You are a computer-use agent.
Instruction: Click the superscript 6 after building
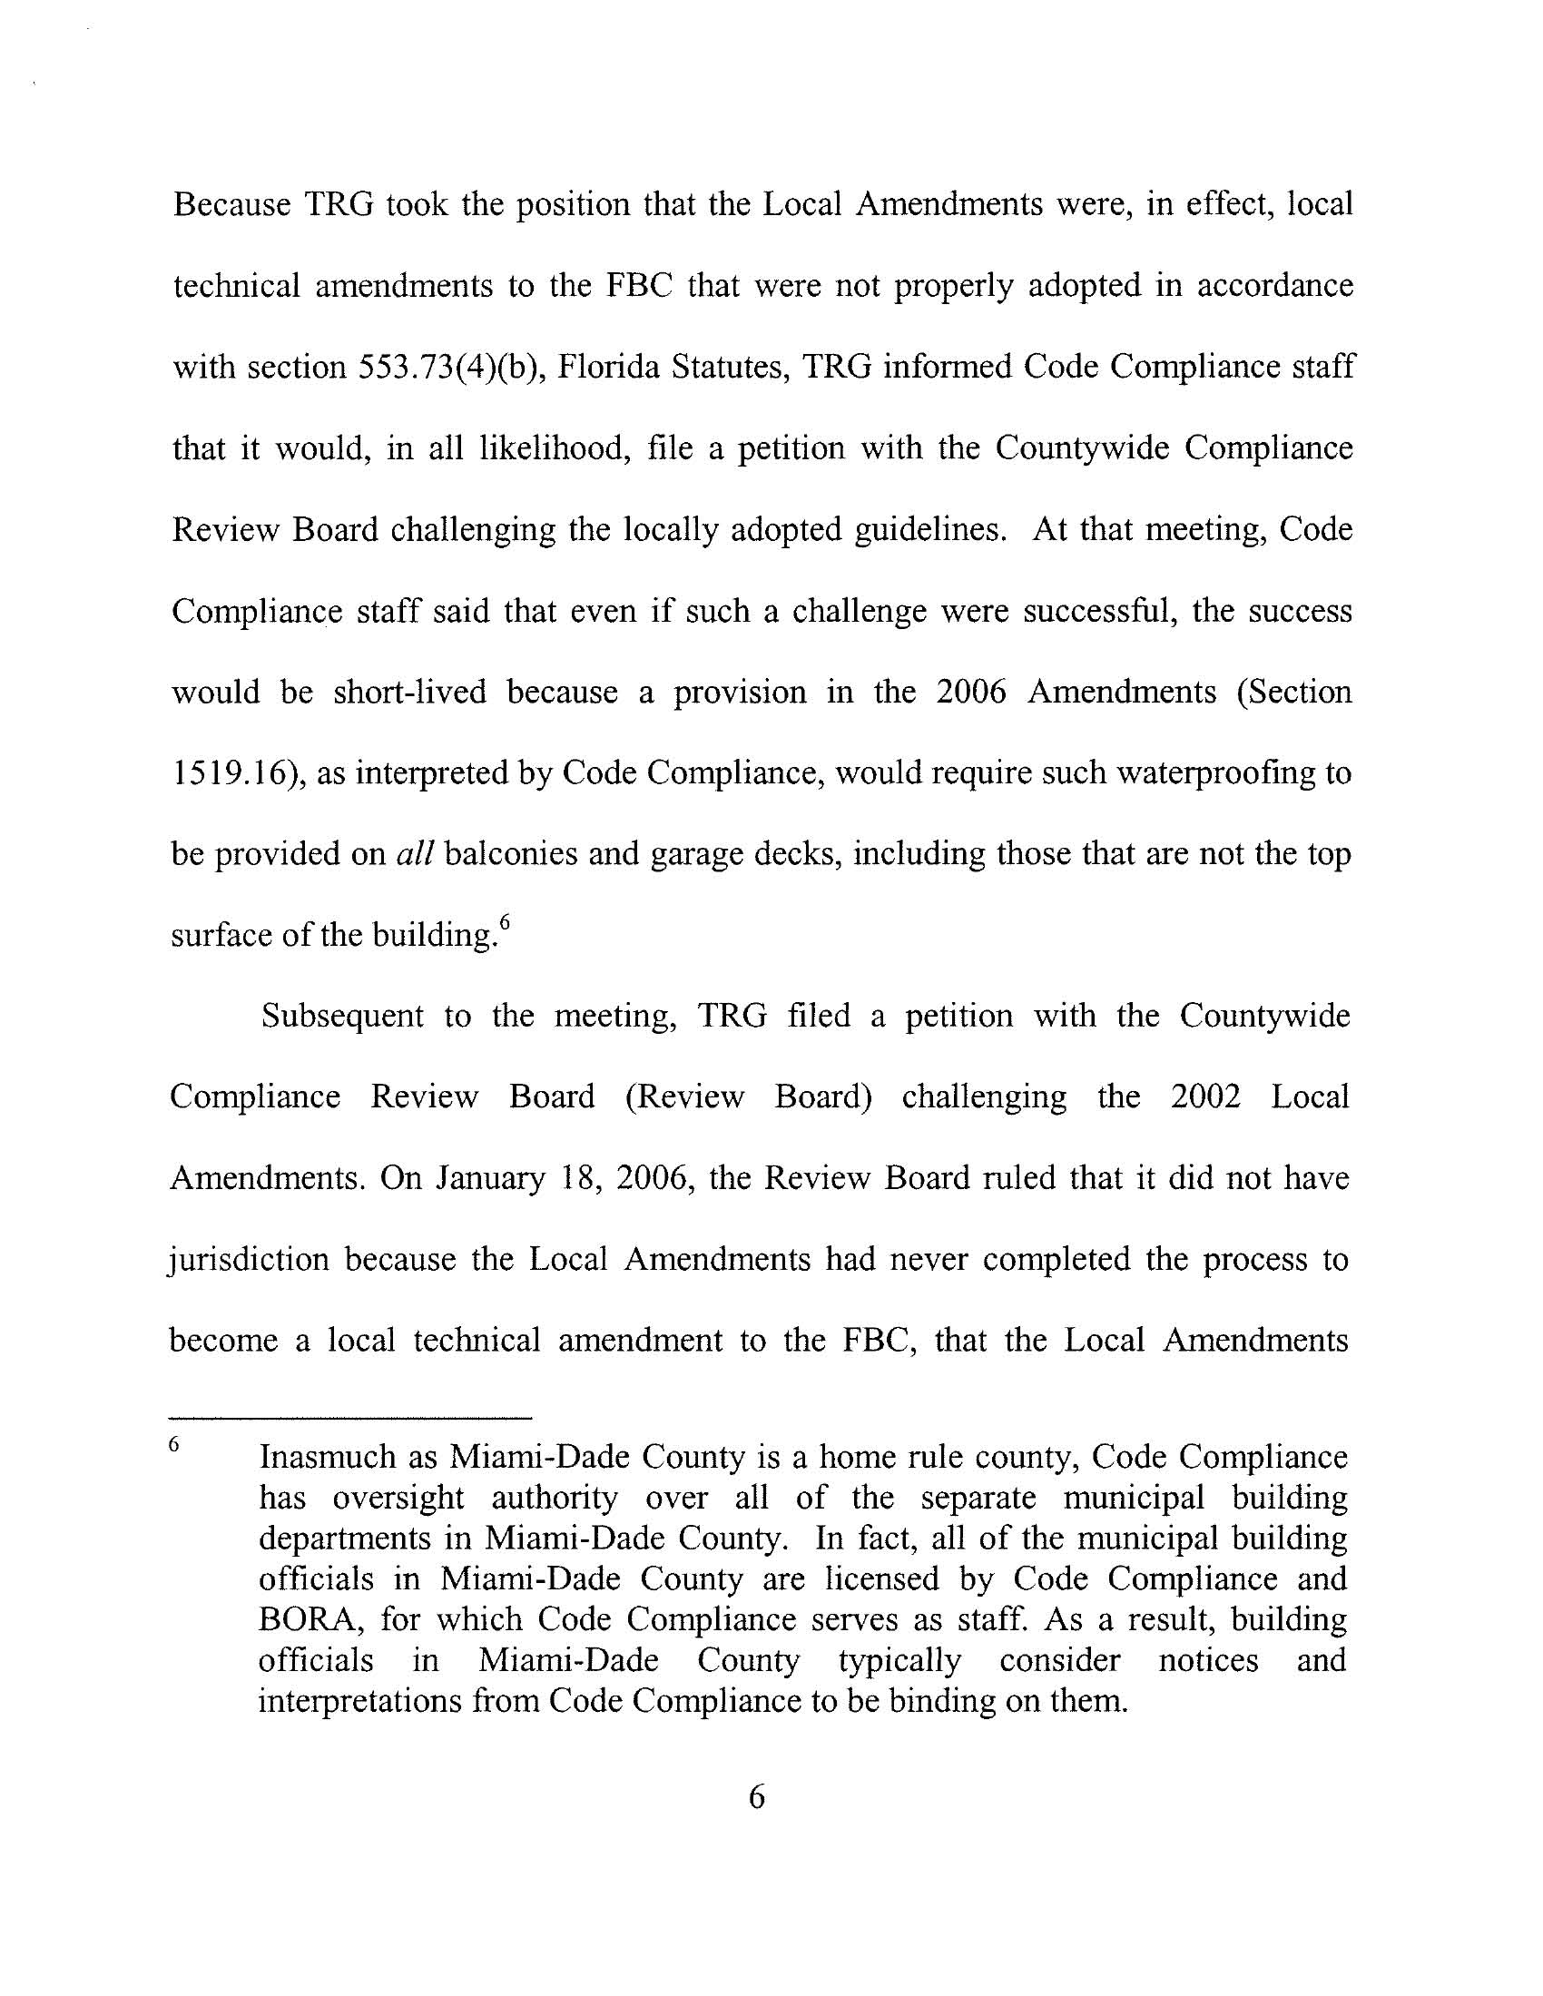505,924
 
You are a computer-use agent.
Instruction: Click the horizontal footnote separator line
351,1418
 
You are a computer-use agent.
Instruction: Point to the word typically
899,1659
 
